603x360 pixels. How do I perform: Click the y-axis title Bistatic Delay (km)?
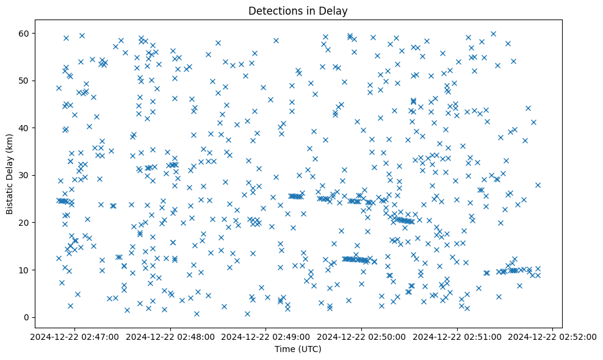pos(10,167)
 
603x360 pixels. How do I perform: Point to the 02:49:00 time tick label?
pos(265,336)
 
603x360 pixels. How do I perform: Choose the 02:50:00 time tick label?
pos(361,336)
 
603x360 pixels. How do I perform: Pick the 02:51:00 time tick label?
pos(457,336)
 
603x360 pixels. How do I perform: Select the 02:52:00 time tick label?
pos(553,336)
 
